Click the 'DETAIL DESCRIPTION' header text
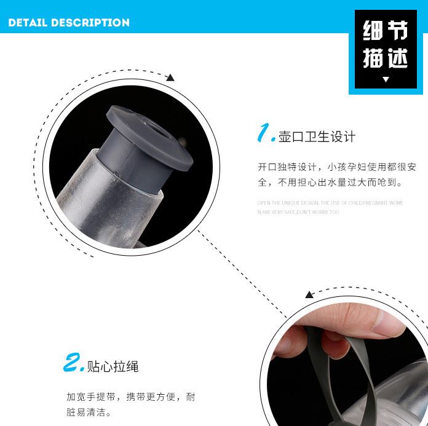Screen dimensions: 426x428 [x=69, y=23]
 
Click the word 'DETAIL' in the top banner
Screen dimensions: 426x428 [x=28, y=23]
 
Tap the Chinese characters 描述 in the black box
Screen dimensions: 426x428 [x=386, y=58]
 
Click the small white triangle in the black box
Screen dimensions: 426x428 [x=386, y=79]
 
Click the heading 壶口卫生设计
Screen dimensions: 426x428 [x=317, y=136]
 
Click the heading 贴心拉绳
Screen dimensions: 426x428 [x=114, y=367]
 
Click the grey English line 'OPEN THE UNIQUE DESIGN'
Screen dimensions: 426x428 [x=330, y=202]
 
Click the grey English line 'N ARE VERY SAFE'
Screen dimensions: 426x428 [x=298, y=212]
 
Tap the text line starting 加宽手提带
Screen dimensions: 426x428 [x=131, y=397]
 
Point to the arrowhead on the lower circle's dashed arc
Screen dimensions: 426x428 [x=311, y=295]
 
